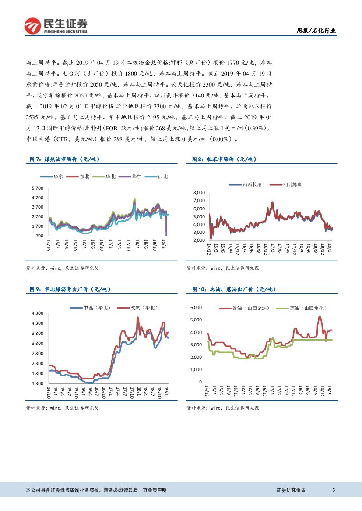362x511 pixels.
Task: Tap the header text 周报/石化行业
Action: pos(316,31)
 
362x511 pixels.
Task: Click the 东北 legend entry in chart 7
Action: pos(81,177)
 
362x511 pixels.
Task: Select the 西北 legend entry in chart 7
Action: pos(159,177)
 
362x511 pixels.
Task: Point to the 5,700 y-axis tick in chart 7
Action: pos(38,188)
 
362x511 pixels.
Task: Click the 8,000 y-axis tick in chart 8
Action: pos(198,193)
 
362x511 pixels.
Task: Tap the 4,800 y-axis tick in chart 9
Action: pos(38,313)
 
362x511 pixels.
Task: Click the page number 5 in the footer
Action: pos(334,490)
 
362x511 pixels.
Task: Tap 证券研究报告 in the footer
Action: pos(291,490)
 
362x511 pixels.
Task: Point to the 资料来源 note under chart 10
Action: pos(223,408)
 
